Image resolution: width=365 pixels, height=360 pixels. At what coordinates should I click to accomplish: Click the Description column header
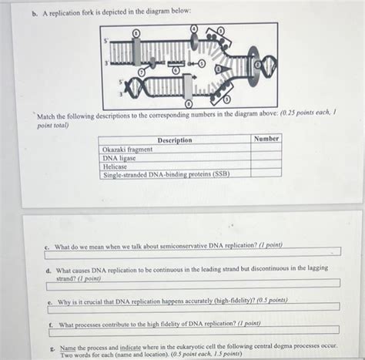pos(175,140)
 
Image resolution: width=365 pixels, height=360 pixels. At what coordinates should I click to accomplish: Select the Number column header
pos(266,139)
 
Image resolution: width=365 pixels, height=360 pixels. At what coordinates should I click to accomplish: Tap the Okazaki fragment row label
pos(128,149)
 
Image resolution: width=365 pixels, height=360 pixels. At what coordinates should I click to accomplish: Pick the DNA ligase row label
pos(119,157)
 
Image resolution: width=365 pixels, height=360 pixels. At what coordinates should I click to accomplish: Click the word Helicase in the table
pos(116,166)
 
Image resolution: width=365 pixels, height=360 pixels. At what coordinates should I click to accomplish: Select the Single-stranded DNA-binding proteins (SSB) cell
pos(166,174)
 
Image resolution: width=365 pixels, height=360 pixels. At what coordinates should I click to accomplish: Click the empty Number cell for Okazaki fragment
pos(266,149)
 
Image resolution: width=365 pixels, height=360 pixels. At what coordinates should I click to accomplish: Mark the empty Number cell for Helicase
pos(266,166)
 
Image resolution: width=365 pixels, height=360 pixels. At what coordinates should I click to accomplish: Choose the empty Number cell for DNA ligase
pos(266,157)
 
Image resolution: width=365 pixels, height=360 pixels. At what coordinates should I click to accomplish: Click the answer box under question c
pos(193,252)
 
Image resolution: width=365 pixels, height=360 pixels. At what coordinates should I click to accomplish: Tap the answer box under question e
pos(193,308)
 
